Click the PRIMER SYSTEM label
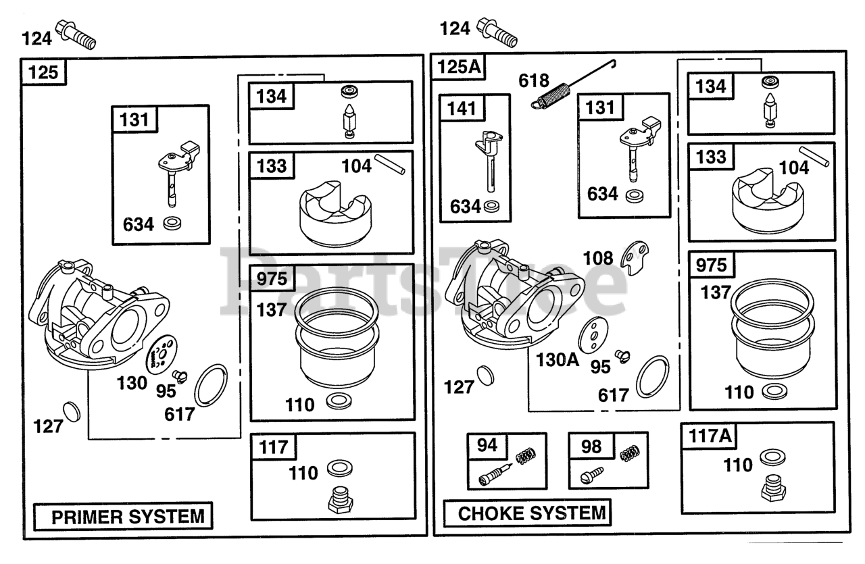coord(128,517)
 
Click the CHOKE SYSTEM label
coord(532,513)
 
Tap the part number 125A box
coord(459,67)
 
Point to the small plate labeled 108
coord(635,258)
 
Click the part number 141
coord(462,109)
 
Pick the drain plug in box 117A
coord(773,488)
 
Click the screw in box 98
coord(591,476)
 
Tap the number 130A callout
coord(558,360)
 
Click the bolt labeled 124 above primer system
coord(76,34)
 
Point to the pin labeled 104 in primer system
coord(390,165)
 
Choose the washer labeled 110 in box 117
coord(339,468)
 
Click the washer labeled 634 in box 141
coord(491,206)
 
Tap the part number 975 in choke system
coord(711,265)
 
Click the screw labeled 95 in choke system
coord(622,357)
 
